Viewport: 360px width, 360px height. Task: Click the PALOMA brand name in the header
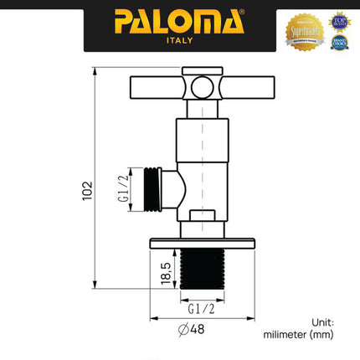point(179,20)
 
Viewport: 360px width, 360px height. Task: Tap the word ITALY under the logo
point(180,39)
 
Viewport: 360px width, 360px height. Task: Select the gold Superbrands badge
point(302,31)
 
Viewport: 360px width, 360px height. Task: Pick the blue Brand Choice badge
point(339,42)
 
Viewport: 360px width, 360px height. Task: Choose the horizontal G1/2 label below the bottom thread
point(201,307)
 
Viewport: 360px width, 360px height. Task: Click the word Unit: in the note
point(322,321)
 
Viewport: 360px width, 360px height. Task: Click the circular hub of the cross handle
point(202,87)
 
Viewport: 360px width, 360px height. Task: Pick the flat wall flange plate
point(201,244)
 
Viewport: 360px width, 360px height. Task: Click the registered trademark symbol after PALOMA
point(243,13)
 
